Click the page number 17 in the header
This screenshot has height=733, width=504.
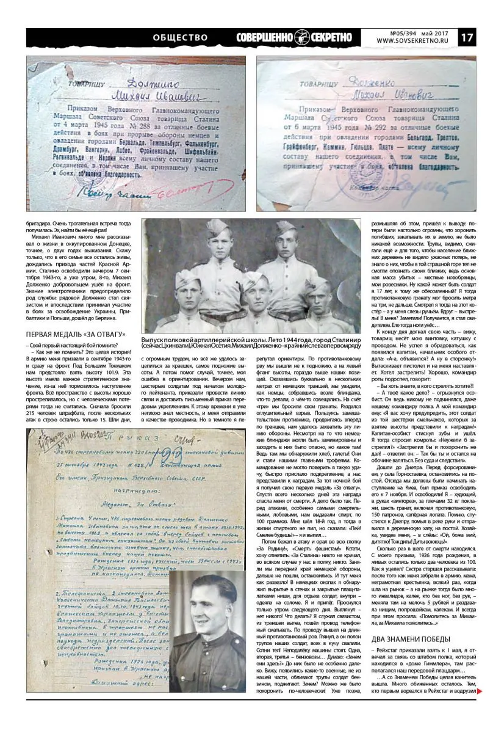[x=468, y=37]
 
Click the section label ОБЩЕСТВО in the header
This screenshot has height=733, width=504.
[x=181, y=37]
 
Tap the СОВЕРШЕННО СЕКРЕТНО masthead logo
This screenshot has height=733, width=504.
[x=295, y=37]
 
